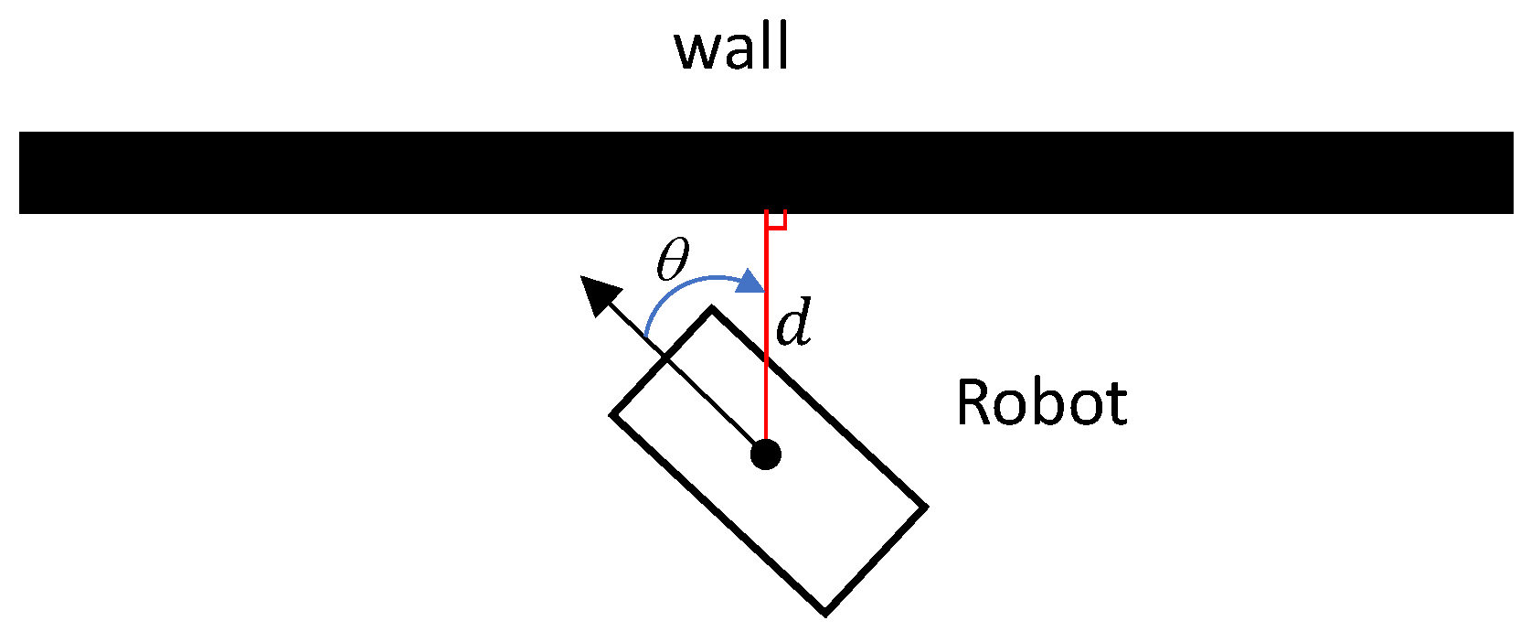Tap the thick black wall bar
(x=766, y=172)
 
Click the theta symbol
(x=672, y=260)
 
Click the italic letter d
(x=793, y=324)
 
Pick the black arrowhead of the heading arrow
(x=600, y=295)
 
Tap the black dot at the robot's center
(x=766, y=454)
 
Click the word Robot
(x=1041, y=403)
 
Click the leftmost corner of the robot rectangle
(x=612, y=415)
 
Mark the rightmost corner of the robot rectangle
(x=926, y=507)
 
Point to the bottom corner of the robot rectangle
(x=825, y=613)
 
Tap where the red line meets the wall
(x=766, y=214)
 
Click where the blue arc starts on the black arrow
(x=646, y=338)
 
